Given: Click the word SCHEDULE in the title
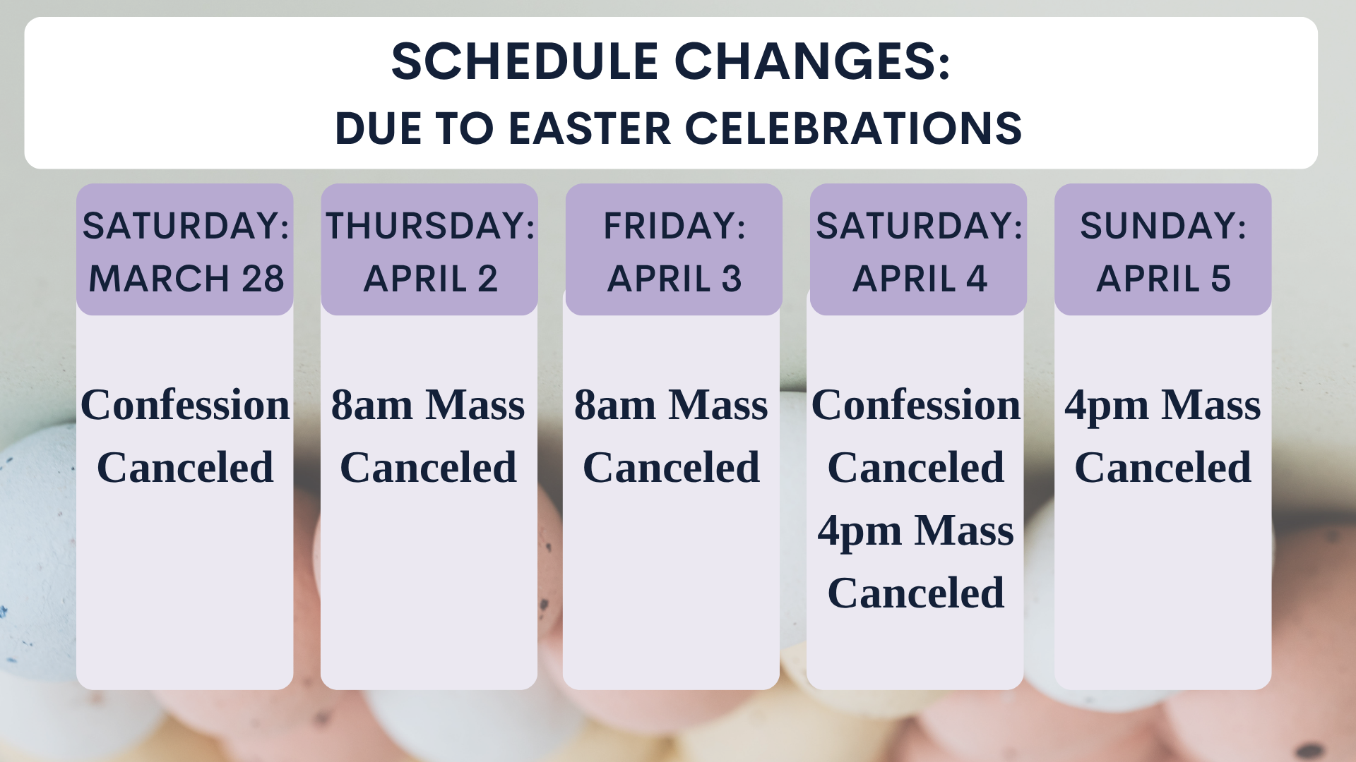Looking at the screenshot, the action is [525, 61].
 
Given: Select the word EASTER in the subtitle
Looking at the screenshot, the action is [590, 128].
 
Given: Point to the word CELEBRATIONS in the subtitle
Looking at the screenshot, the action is [853, 128].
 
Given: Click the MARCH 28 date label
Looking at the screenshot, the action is [186, 278].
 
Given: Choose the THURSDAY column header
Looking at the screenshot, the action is [430, 226].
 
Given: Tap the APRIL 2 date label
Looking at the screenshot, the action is [430, 278].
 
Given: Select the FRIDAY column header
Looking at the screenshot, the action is [674, 226].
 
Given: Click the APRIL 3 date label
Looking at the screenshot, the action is [674, 278].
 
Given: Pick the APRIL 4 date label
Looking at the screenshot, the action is [920, 278].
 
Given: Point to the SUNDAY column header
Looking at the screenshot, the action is [1163, 226].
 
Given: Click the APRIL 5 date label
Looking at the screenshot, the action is [1163, 278].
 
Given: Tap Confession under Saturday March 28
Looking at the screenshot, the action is [185, 405].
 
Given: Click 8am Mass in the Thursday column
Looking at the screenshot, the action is [428, 405].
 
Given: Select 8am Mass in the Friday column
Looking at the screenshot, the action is [671, 405].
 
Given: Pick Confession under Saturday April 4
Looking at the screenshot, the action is [916, 405].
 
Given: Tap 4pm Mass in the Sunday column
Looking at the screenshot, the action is [1162, 406].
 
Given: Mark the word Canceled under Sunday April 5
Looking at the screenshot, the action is [1162, 467].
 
